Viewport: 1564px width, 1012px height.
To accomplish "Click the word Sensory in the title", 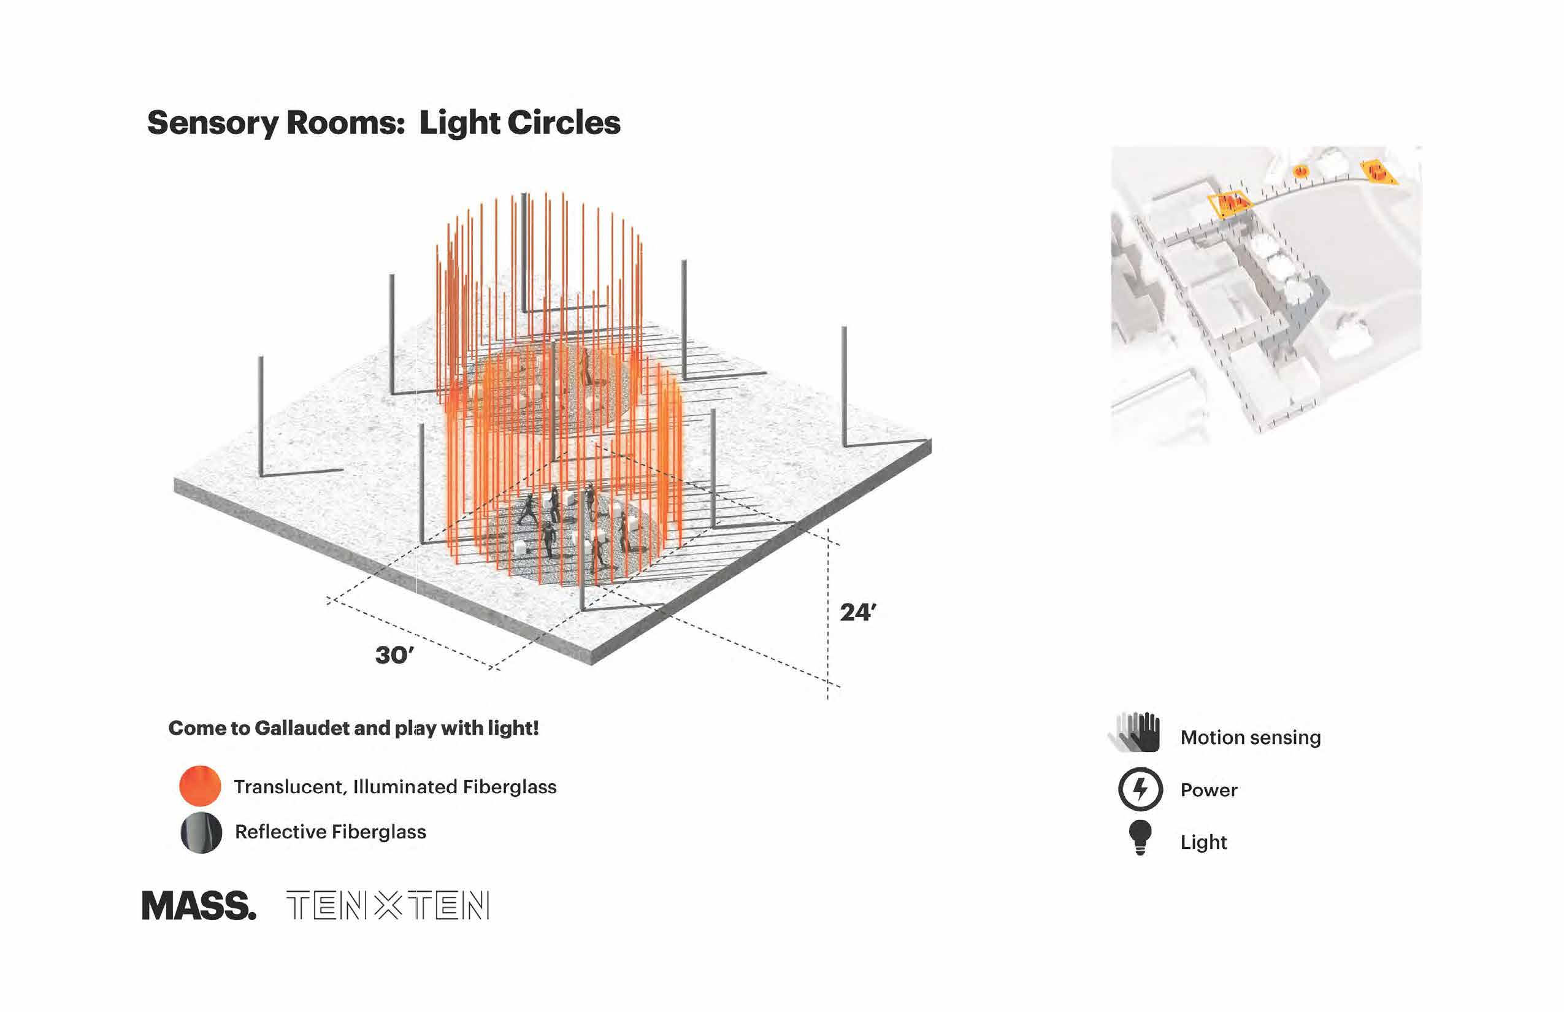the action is (x=213, y=123).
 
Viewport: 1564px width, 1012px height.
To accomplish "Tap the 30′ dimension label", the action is (x=394, y=655).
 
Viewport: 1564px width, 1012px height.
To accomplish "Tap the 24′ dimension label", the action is (x=857, y=613).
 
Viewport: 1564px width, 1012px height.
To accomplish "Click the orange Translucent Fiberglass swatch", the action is (x=200, y=786).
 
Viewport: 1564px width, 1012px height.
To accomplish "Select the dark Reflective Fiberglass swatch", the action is (x=201, y=832).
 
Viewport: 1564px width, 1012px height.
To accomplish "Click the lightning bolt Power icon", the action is (x=1140, y=789).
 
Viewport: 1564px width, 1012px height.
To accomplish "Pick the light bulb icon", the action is (x=1140, y=837).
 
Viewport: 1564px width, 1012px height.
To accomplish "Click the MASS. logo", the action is (x=199, y=907).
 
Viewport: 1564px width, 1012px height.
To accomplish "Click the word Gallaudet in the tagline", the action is (x=302, y=728).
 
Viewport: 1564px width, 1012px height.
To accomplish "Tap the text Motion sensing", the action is (x=1250, y=737).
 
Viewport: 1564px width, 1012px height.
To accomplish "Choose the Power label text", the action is (x=1208, y=790).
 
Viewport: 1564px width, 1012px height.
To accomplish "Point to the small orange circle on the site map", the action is (x=1300, y=172).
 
